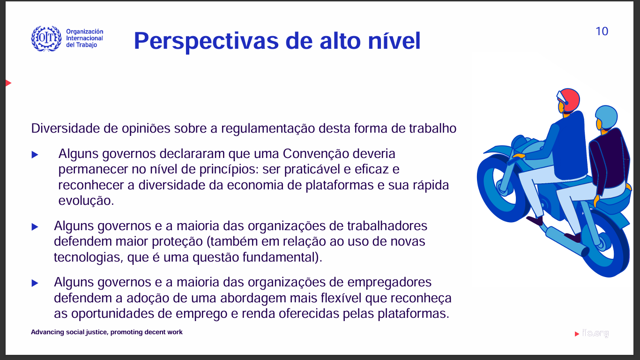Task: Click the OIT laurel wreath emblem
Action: [x=46, y=38]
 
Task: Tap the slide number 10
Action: [x=602, y=31]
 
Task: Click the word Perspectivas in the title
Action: [x=206, y=41]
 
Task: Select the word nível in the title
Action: [x=394, y=41]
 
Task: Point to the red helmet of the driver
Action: [x=569, y=100]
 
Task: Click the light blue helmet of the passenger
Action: [x=606, y=118]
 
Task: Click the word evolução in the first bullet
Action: [x=86, y=201]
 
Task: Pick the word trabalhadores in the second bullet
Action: [x=387, y=226]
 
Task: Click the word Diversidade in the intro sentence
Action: [x=66, y=128]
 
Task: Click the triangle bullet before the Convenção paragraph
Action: [x=35, y=155]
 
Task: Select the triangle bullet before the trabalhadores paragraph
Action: [x=35, y=227]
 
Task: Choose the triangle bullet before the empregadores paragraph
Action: [x=35, y=283]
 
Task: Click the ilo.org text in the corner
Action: [x=595, y=333]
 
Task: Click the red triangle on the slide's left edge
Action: [x=8, y=83]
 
